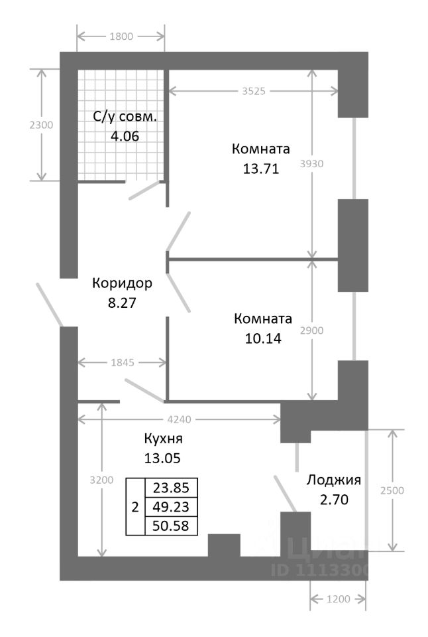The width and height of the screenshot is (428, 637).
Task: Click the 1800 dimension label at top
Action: click(121, 36)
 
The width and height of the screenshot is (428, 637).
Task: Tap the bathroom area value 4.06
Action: click(125, 136)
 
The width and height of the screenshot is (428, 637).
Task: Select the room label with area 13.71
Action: click(261, 147)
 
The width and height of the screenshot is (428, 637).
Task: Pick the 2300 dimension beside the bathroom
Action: click(42, 124)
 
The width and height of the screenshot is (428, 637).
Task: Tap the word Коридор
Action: click(122, 283)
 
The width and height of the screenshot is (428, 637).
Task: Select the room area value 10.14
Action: click(262, 338)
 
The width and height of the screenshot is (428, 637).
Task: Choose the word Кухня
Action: click(163, 439)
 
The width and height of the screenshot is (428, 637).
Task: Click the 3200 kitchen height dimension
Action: click(101, 480)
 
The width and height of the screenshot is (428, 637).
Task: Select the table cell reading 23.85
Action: click(171, 488)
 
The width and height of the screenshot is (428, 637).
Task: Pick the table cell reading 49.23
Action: click(171, 507)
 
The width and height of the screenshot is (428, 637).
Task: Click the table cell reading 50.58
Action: click(171, 526)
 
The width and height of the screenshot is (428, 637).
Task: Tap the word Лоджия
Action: click(333, 480)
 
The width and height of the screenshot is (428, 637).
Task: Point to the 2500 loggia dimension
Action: click(394, 490)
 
